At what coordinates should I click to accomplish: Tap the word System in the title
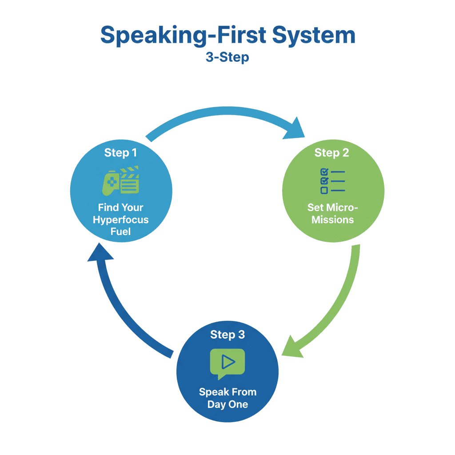coord(314,35)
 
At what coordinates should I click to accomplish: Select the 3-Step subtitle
coord(227,57)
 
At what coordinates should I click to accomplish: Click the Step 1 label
coord(120,153)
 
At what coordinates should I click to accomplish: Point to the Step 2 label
coord(331,153)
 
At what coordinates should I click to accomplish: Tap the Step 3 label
coord(227,335)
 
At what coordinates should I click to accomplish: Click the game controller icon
coord(111,183)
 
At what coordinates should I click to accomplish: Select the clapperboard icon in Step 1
coord(130,180)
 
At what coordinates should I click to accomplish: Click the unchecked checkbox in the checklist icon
coord(324,190)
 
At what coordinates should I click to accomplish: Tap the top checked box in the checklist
coord(324,172)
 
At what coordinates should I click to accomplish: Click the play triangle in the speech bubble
coord(228,362)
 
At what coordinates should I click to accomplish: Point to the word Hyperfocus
coord(121,220)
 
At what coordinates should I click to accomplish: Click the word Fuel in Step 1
coord(120,231)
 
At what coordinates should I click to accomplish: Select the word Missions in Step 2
coord(332,220)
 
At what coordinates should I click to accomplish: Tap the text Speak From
coord(228,392)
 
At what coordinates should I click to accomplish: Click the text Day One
coord(228,404)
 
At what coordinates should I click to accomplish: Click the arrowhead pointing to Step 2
coord(295,130)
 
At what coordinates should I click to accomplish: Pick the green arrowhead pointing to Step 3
coord(291,347)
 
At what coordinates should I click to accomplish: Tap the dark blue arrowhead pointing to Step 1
coord(100,253)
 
